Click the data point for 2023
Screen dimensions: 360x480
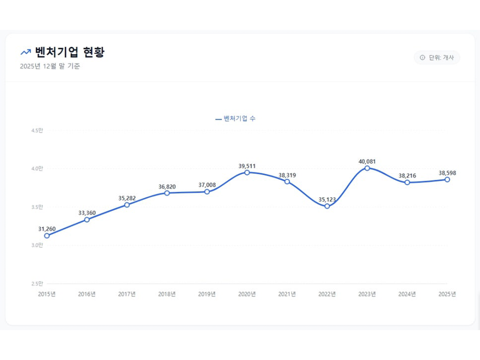(x=367, y=168)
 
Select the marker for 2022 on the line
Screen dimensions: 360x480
(x=327, y=206)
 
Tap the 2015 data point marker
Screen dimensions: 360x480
(x=47, y=236)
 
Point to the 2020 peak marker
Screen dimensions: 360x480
(x=247, y=172)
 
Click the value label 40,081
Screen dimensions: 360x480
(x=367, y=161)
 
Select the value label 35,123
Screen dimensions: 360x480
(x=327, y=199)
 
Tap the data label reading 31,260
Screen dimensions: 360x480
(x=47, y=229)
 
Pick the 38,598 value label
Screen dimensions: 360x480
(x=447, y=173)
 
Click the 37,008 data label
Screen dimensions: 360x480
(x=207, y=185)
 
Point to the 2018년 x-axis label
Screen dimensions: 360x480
(x=167, y=294)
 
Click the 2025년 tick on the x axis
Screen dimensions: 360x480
(x=447, y=294)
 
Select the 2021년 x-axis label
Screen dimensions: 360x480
(x=287, y=294)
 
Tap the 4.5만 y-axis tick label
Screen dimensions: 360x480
(x=37, y=131)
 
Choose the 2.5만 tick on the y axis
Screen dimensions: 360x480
(x=37, y=284)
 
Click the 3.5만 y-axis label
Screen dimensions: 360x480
(x=37, y=207)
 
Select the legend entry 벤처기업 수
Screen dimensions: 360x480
(x=236, y=119)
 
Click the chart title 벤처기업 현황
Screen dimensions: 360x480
(x=70, y=52)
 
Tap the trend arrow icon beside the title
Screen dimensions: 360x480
(x=25, y=53)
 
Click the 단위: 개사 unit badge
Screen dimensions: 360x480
(x=437, y=58)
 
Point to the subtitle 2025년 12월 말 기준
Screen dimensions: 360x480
(x=50, y=67)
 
